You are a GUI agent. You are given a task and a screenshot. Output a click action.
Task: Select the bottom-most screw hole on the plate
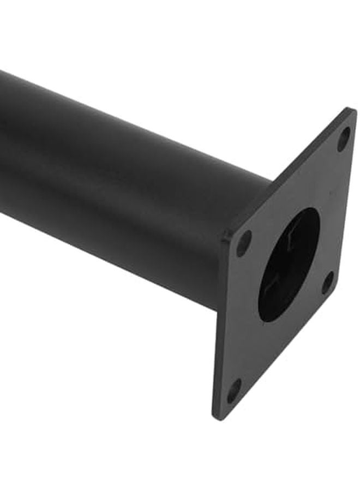point(233,390)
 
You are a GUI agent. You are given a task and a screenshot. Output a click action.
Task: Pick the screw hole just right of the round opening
point(327,282)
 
